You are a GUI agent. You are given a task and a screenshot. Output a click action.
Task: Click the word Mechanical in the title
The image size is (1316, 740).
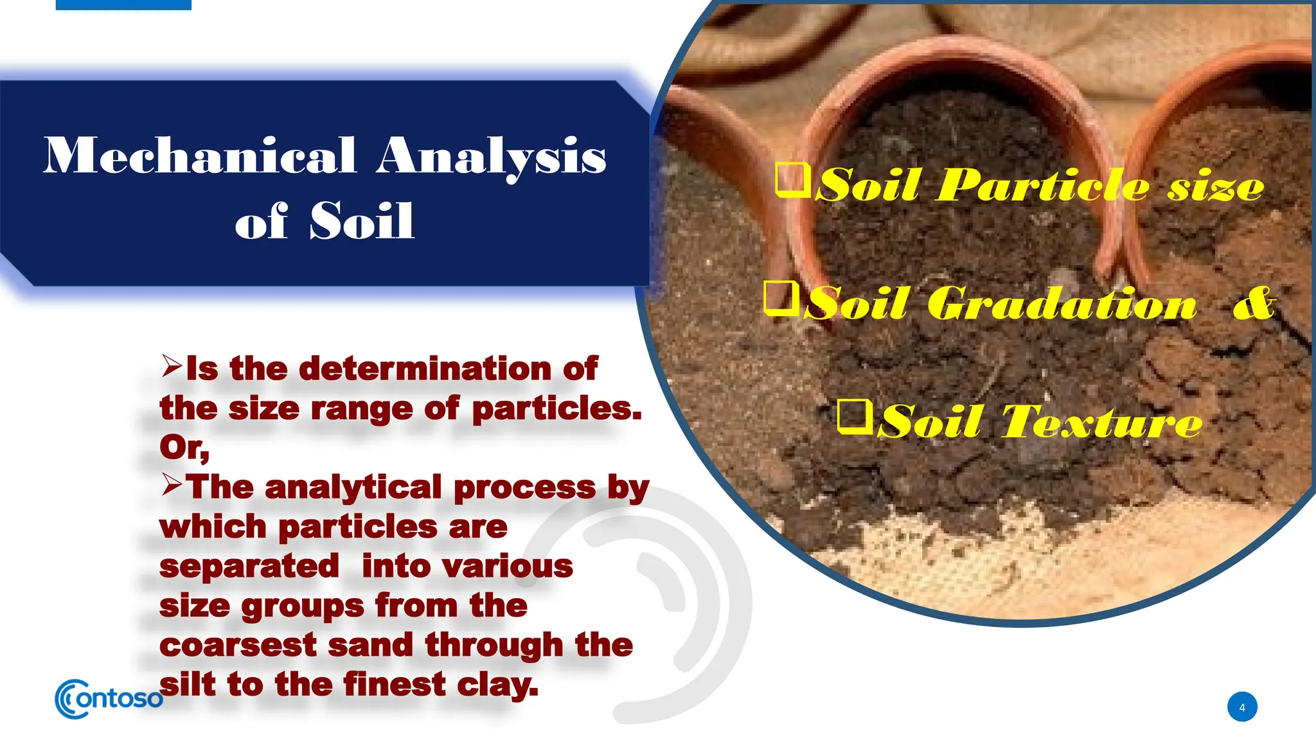(200, 156)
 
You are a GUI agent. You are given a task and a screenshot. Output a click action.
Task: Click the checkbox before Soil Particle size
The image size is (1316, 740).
(793, 180)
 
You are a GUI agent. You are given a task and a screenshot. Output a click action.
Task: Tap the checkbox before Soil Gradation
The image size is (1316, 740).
(781, 299)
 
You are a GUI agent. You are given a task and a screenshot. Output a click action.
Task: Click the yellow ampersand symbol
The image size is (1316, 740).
(1253, 303)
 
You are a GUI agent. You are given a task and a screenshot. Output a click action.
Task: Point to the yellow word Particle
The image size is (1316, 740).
(1041, 186)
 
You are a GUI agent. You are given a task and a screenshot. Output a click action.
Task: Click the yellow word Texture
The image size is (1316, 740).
(1101, 423)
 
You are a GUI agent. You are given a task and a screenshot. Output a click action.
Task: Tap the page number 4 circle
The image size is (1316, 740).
(1242, 707)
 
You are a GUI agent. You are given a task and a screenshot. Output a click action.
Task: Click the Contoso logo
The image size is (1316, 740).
(108, 699)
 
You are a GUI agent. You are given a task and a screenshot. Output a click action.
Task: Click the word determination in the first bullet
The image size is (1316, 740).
(425, 369)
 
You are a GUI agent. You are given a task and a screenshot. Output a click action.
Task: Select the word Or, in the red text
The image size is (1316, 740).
(184, 448)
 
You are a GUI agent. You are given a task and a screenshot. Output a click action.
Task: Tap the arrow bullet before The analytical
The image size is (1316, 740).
(172, 485)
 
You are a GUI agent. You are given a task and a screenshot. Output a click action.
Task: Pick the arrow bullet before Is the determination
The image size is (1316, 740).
(172, 366)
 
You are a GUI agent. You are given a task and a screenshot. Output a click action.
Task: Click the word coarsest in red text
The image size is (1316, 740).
(238, 646)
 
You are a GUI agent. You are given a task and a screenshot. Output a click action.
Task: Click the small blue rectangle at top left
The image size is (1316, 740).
(123, 4)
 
